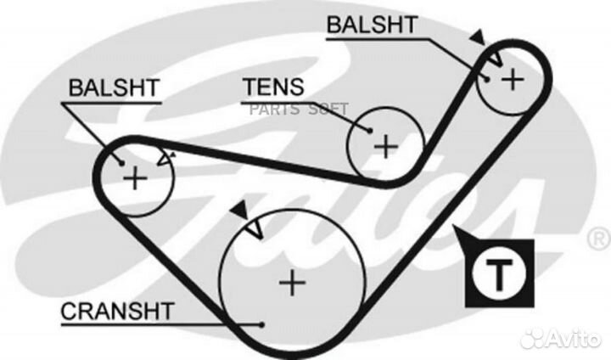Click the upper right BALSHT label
(x=371, y=25)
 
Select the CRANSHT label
(x=116, y=311)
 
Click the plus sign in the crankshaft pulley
(x=292, y=282)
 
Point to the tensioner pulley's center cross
(x=386, y=146)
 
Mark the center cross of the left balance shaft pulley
(x=135, y=177)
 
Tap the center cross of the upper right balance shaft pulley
(x=512, y=78)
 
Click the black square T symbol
(x=500, y=273)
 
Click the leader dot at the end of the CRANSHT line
(x=263, y=323)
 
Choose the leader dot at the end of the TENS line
(x=371, y=130)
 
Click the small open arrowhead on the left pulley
(x=166, y=156)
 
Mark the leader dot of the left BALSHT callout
(x=123, y=163)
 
